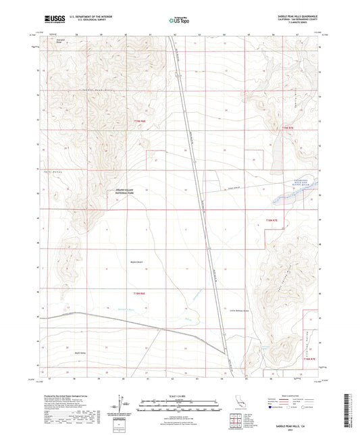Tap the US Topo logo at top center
(178, 21)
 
